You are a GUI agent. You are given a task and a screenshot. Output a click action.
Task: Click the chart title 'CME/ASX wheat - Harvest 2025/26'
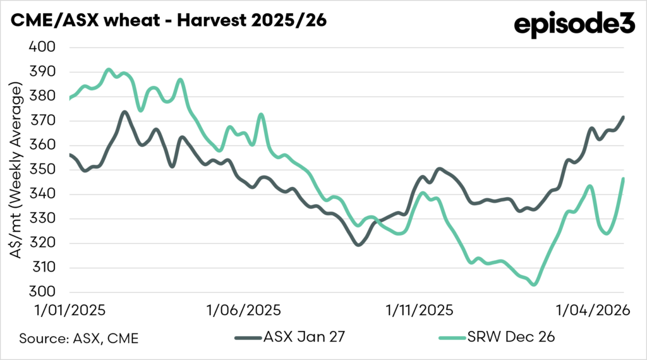[168, 20]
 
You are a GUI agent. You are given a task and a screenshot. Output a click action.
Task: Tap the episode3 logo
[574, 25]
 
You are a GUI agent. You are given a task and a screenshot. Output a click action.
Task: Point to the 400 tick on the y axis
[42, 47]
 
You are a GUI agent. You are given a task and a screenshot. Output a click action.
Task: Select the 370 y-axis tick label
[42, 121]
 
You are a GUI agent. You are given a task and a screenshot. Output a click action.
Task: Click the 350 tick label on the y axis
[42, 169]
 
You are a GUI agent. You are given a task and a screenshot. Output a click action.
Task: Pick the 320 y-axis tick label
[42, 243]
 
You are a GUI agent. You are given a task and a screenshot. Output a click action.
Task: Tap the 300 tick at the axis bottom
[42, 292]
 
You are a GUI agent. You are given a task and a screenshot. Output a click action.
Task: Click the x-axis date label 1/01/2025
[70, 310]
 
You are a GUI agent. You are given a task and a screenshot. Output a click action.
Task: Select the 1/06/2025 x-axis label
[244, 310]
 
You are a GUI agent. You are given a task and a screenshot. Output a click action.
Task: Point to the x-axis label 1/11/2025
[420, 310]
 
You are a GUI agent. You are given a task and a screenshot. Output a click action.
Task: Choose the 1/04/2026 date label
[593, 310]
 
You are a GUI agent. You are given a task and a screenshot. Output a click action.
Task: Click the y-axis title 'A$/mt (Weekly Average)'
[16, 171]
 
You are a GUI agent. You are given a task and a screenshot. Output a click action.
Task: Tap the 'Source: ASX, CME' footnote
[79, 339]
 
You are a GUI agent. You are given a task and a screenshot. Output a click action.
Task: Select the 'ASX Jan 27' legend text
[304, 337]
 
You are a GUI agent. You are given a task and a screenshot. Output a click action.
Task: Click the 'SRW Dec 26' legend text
[511, 337]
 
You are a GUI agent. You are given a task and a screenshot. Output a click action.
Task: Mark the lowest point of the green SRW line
[535, 284]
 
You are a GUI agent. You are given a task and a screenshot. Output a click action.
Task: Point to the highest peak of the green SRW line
[109, 69]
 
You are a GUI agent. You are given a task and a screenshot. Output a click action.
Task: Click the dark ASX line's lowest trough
[358, 244]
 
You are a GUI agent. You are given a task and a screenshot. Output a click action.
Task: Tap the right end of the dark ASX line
[623, 117]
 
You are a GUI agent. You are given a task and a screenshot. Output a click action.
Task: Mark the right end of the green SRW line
[623, 179]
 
